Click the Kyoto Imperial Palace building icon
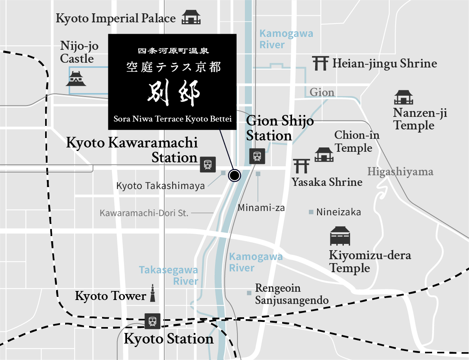(x=191, y=18)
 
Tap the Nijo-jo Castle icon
(x=76, y=78)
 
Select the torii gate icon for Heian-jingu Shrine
(x=320, y=63)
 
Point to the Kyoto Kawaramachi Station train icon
(x=208, y=164)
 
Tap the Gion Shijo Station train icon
(x=257, y=156)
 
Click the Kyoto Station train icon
(x=152, y=321)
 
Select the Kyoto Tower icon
(x=153, y=293)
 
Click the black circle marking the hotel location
(x=234, y=175)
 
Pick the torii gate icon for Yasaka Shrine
(x=301, y=166)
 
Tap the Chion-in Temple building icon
(x=324, y=155)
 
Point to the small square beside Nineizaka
(x=311, y=212)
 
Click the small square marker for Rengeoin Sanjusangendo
(x=249, y=293)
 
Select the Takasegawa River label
(x=169, y=276)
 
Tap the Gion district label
(x=322, y=93)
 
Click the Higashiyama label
(x=400, y=172)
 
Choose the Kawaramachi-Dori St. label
(x=144, y=213)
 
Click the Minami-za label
(x=261, y=207)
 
